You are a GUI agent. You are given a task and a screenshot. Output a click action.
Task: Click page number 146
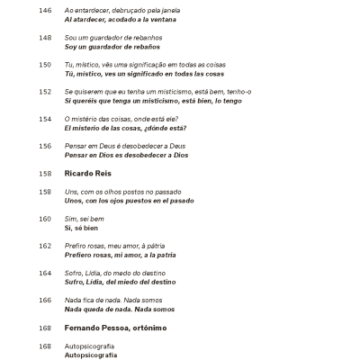coord(46,10)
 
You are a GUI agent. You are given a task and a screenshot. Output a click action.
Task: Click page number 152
coord(46,91)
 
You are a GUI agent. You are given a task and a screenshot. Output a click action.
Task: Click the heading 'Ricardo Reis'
coord(87,173)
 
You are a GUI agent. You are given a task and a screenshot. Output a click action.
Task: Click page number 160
coord(46,219)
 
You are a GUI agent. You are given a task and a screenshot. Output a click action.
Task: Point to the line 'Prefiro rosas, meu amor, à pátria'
coord(119,246)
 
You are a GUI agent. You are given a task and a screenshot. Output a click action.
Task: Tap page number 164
coord(46,273)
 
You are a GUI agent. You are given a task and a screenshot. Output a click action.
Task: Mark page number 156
coord(46,145)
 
